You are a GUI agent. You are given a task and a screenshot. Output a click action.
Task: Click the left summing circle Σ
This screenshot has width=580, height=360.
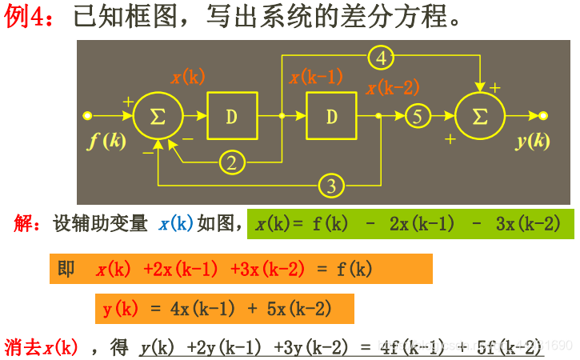158,116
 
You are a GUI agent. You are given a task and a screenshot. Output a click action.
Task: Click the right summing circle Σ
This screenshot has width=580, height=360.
480,116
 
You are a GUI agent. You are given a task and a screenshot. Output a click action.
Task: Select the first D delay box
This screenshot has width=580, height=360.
232,116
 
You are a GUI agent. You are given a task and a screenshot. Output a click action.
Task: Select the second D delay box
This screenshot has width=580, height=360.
331,116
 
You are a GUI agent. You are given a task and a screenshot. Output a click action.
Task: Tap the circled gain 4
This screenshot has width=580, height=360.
382,58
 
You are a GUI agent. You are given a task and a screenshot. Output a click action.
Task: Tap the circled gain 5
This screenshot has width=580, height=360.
416,116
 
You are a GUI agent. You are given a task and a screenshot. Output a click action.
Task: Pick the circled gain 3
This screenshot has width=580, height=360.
331,186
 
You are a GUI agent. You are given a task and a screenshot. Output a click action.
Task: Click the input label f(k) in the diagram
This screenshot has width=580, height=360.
107,141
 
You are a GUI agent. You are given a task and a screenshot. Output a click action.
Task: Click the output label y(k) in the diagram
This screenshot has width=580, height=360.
532,141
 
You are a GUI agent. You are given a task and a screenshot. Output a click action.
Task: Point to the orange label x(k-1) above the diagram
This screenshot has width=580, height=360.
316,77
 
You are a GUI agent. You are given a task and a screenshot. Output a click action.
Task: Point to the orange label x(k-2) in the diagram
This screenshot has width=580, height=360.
392,89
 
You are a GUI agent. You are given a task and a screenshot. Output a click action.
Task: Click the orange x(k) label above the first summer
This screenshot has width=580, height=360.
188,77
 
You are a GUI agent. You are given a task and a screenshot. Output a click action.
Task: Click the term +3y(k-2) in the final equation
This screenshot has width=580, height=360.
311,347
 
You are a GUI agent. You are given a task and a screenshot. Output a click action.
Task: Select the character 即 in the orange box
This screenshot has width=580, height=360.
66,269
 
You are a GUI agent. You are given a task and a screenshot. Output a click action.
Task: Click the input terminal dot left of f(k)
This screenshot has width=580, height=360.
87,116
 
